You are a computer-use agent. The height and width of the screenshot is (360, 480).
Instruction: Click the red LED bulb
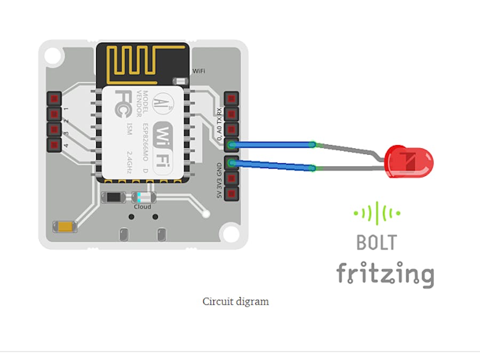tap(409, 162)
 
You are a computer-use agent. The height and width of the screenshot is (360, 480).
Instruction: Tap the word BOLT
tap(377, 242)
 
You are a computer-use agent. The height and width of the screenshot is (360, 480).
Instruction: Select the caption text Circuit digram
tap(235, 301)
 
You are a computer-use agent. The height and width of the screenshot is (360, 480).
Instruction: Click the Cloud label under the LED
tap(142, 207)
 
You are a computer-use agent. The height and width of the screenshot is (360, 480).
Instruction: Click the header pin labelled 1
tap(54, 99)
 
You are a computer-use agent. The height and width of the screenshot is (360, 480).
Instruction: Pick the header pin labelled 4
tap(54, 145)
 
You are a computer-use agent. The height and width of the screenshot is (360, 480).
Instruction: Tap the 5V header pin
tap(231, 194)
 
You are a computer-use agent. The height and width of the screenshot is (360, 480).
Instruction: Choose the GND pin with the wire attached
tap(231, 163)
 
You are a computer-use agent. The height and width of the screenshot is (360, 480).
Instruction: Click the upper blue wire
tap(272, 144)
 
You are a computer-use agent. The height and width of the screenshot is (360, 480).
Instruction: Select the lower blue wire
tap(272, 165)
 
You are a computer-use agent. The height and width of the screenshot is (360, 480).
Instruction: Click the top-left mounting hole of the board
tap(53, 55)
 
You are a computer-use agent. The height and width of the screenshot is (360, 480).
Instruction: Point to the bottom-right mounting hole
tap(231, 233)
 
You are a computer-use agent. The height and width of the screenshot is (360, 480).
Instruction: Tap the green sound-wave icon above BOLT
tap(377, 213)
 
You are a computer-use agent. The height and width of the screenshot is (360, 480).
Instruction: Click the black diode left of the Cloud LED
tap(114, 197)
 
